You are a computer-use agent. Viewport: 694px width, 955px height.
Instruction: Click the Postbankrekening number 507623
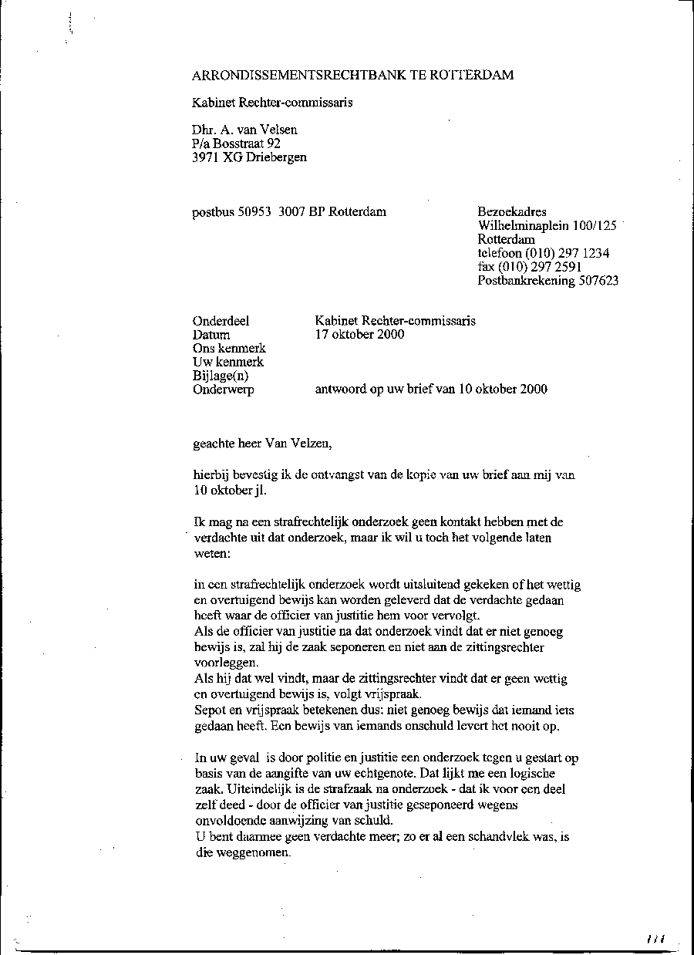(598, 282)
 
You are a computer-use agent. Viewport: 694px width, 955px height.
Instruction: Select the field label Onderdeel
(221, 321)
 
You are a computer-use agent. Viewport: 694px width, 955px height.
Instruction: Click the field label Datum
(211, 335)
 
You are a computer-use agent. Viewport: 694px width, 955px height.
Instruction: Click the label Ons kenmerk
(228, 349)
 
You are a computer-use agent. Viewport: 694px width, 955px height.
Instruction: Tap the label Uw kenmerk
(227, 362)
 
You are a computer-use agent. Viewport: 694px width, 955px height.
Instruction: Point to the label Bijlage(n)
(221, 376)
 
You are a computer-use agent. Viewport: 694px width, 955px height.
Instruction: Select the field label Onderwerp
(223, 390)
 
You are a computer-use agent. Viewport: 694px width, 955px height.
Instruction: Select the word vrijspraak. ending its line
(395, 693)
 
